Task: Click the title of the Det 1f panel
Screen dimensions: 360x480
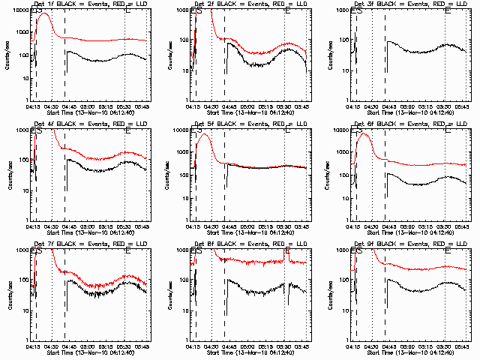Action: pos(89,4)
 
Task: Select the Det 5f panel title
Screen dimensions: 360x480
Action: pos(250,124)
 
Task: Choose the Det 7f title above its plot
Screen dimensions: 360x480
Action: pos(89,244)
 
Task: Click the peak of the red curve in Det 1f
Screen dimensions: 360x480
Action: pos(43,14)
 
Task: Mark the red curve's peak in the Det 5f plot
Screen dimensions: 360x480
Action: pos(205,135)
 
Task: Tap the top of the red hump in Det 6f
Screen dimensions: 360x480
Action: pos(364,134)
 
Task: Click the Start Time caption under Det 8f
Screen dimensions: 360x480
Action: pos(250,352)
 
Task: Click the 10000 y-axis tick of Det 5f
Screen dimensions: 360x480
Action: pos(180,130)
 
